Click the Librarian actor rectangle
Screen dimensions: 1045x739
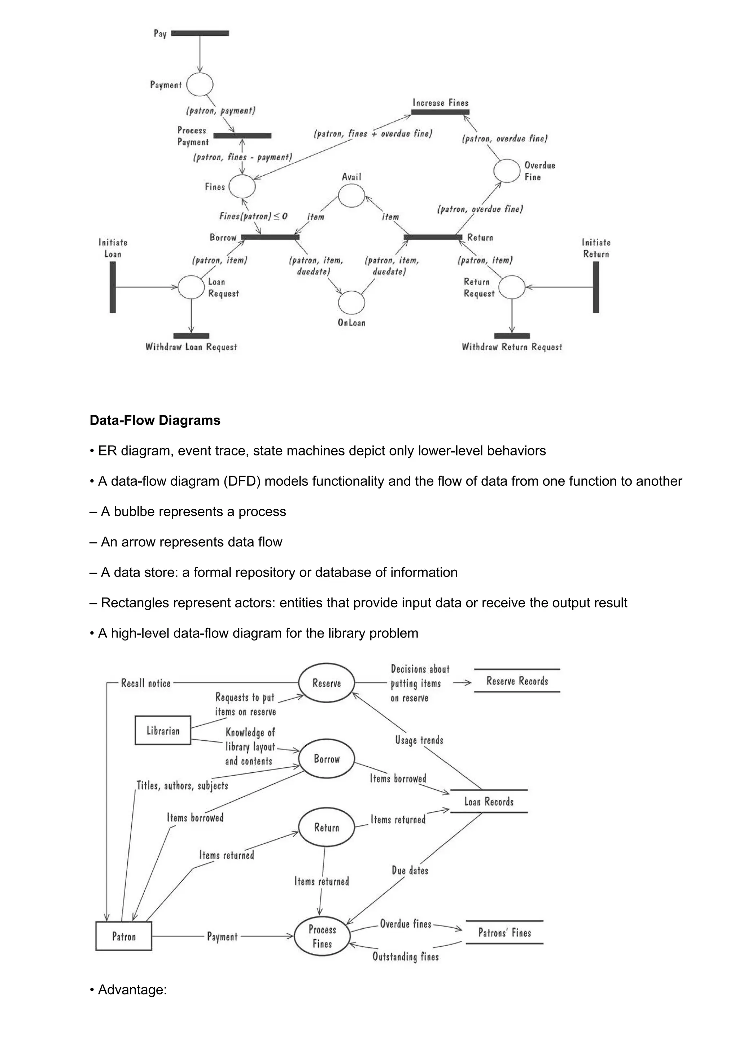[x=162, y=731]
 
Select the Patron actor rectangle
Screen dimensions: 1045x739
[x=123, y=936]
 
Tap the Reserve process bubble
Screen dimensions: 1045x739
[x=327, y=683]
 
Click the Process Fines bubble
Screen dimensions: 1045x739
[x=322, y=936]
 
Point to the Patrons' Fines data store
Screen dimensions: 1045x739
[x=504, y=932]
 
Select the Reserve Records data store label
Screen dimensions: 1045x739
[x=517, y=681]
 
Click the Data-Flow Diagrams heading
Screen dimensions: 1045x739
[x=155, y=420]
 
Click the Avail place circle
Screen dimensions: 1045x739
[x=351, y=196]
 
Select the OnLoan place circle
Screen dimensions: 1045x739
[x=351, y=303]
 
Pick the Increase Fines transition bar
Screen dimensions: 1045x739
[x=440, y=112]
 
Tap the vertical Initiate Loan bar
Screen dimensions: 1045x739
[x=113, y=287]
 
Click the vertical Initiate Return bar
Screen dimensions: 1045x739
[x=596, y=287]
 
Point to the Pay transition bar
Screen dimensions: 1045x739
[x=200, y=33]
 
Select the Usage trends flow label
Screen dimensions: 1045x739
[x=419, y=740]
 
